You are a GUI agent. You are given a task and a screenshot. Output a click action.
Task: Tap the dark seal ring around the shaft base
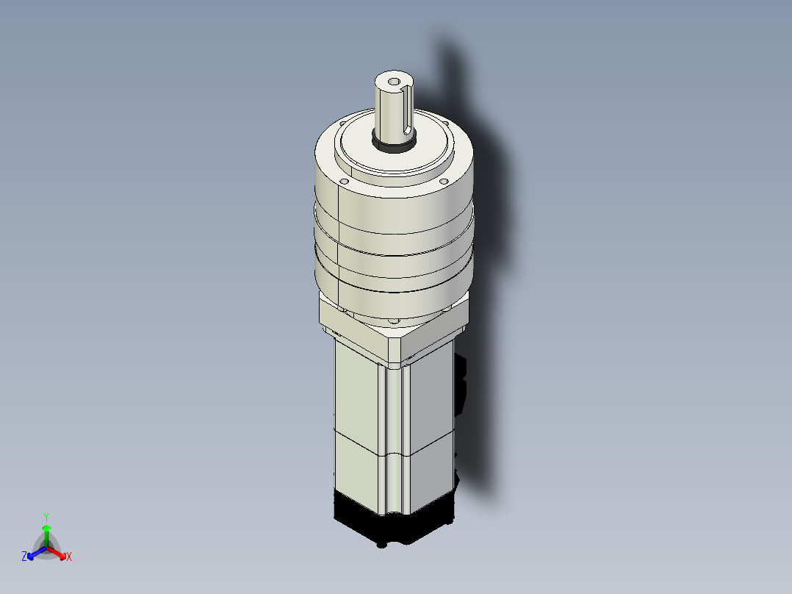(x=394, y=144)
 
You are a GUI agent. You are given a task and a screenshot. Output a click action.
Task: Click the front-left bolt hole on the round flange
(x=343, y=179)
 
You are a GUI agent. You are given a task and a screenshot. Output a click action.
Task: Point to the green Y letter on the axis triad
(x=46, y=516)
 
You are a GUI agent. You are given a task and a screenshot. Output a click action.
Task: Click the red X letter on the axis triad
(x=69, y=557)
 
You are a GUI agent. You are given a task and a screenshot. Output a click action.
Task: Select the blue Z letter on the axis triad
(x=24, y=557)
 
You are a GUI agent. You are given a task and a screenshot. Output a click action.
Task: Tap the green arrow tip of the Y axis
(x=46, y=528)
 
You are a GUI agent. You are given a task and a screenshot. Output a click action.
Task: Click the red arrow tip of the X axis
(x=61, y=554)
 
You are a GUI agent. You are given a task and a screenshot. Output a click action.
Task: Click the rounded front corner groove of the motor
(x=394, y=441)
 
